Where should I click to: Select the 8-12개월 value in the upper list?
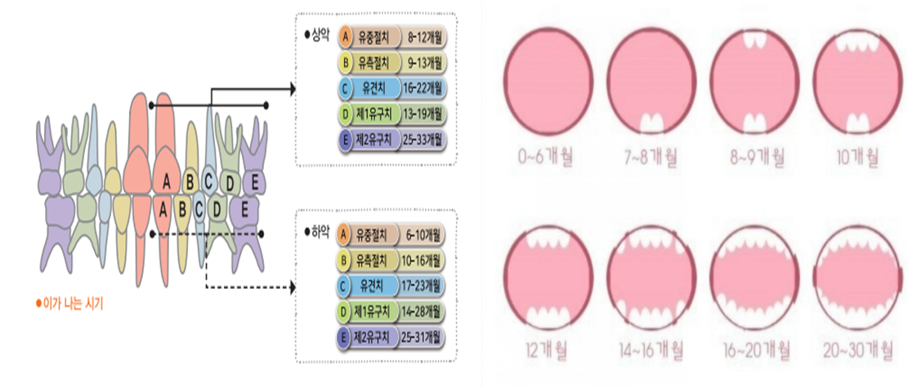pos(423,38)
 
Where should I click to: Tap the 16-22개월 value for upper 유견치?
pos(423,87)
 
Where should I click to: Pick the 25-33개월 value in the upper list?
pos(423,140)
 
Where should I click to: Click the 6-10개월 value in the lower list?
pos(423,236)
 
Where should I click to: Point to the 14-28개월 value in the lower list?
pos(423,312)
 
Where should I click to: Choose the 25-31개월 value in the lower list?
pos(423,337)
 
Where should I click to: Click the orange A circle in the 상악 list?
pos(347,38)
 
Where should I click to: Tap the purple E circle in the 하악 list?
pos(344,337)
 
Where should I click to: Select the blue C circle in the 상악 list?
pos(347,87)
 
